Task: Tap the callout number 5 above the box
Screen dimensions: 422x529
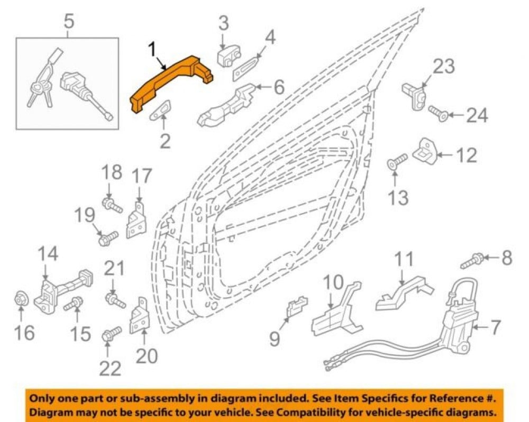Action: [x=68, y=23]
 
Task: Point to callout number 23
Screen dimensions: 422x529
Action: [x=444, y=67]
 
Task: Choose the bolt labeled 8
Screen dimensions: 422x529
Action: [x=472, y=260]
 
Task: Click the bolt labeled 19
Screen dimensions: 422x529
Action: [x=106, y=238]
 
